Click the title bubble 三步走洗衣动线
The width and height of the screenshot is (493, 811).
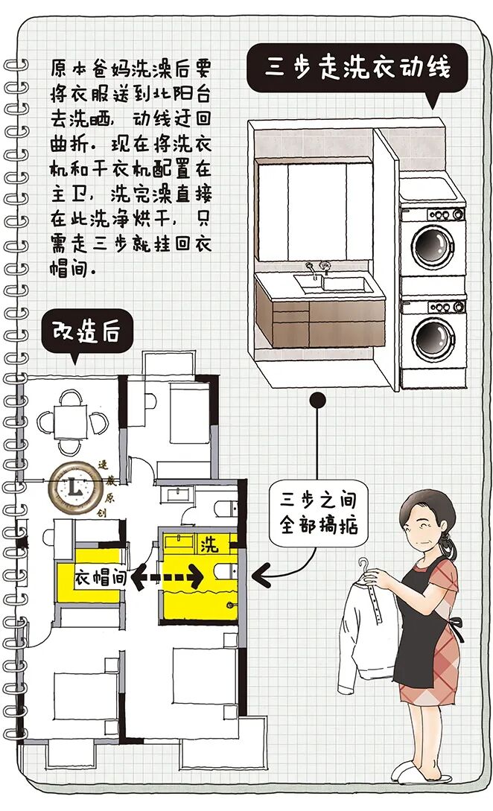tap(357, 69)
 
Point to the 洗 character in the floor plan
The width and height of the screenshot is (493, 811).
tap(210, 544)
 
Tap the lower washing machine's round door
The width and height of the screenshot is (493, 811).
tap(434, 337)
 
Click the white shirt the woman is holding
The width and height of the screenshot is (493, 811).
tap(369, 626)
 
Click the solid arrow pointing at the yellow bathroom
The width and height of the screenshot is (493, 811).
tap(263, 574)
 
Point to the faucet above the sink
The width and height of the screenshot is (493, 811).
tap(325, 267)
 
